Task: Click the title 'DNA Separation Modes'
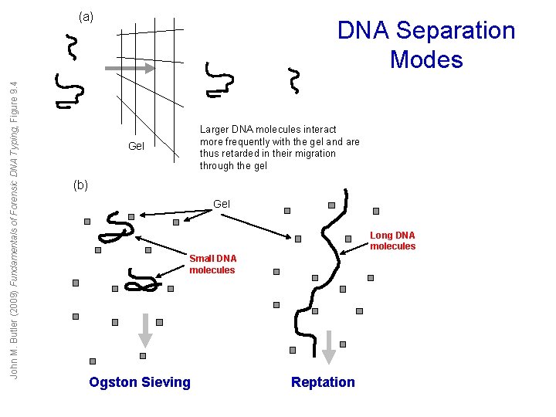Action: pos(426,45)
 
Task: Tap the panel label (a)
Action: pos(86,16)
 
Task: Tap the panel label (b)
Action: pos(80,185)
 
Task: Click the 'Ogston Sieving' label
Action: pos(140,381)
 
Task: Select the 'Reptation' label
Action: pos(323,381)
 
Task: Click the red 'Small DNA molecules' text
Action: pos(213,264)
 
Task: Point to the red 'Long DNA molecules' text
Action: pos(392,241)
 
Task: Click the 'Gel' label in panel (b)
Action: pos(221,204)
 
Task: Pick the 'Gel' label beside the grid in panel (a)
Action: pos(136,145)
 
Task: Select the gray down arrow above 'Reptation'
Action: pos(329,345)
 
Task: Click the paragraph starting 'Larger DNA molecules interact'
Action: pos(280,147)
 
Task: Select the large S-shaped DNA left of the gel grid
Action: pos(69,91)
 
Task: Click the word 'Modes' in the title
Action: pos(426,59)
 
